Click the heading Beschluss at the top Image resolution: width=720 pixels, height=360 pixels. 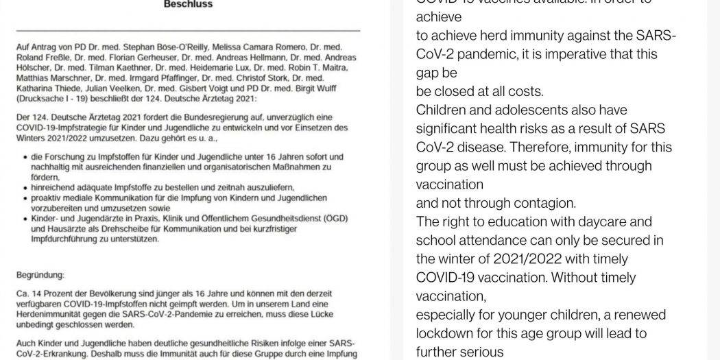[x=188, y=4]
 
